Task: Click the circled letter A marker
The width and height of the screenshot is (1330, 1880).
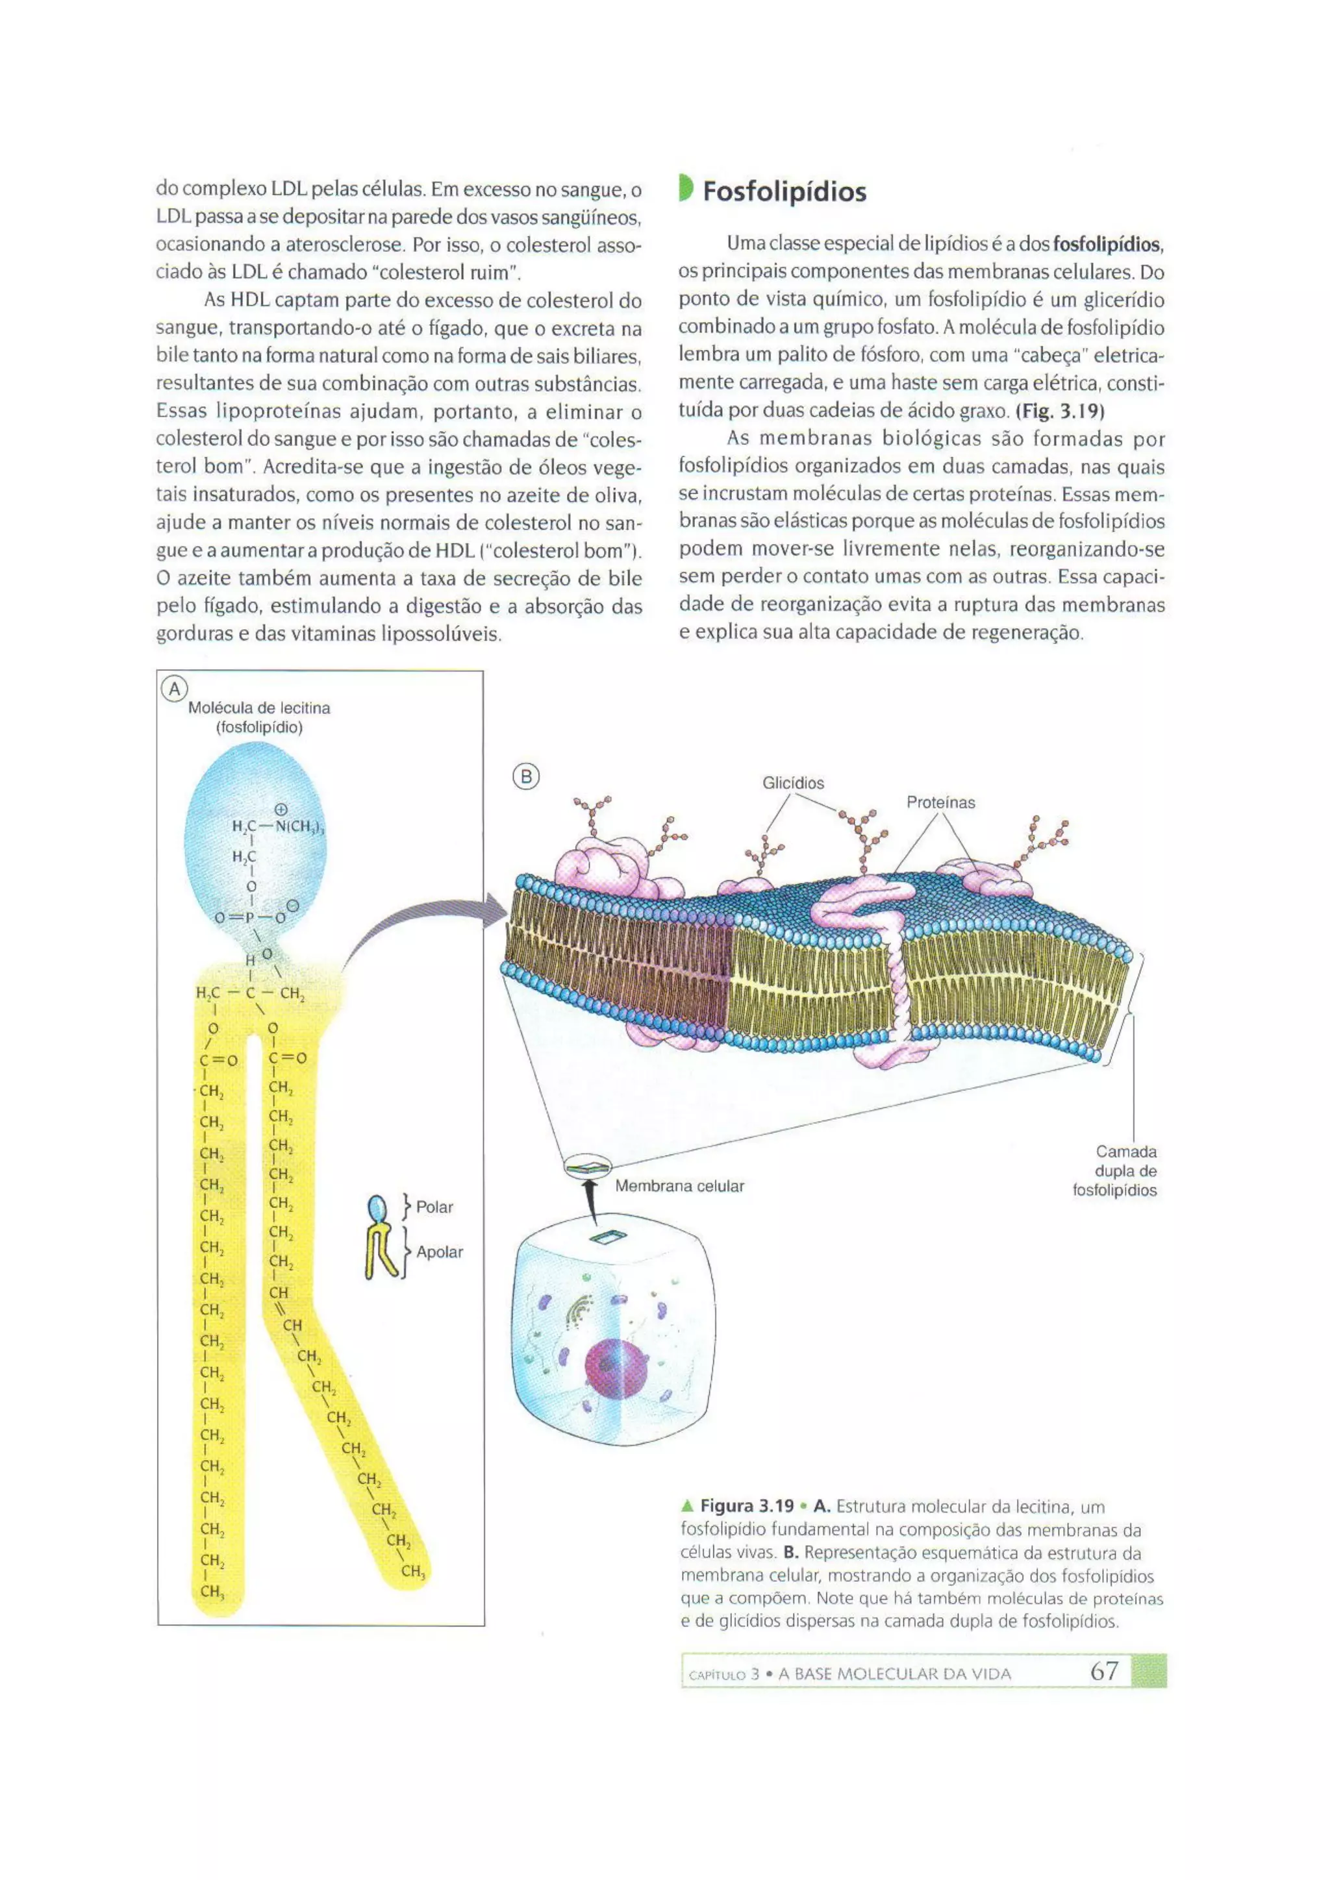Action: pos(175,689)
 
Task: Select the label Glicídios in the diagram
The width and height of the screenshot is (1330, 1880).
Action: pos(793,783)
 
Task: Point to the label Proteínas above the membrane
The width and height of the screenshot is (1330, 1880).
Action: pos(940,802)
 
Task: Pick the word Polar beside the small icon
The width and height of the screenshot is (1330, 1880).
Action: pos(434,1207)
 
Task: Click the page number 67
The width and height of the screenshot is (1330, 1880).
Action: pos(1104,1671)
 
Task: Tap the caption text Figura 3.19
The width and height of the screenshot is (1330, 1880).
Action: pos(747,1506)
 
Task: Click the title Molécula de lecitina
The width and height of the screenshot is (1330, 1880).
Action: pos(259,708)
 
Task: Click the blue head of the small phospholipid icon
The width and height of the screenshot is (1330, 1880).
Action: pos(376,1207)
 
